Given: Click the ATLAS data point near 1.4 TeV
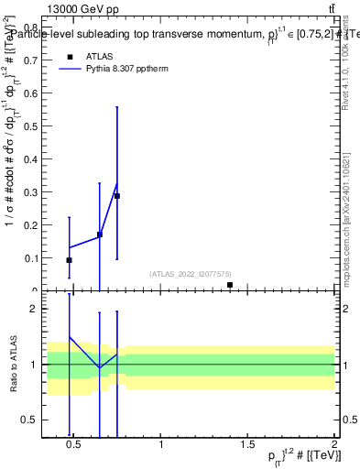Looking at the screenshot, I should coord(229,285).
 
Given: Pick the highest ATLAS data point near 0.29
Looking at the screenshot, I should coord(117,196).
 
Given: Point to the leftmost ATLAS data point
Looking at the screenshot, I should coord(69,260).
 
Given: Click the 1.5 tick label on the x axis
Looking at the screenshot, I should coord(247,445).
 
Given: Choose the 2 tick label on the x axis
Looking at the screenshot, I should coord(333,445).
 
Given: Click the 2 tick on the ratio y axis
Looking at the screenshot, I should coord(36,310).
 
